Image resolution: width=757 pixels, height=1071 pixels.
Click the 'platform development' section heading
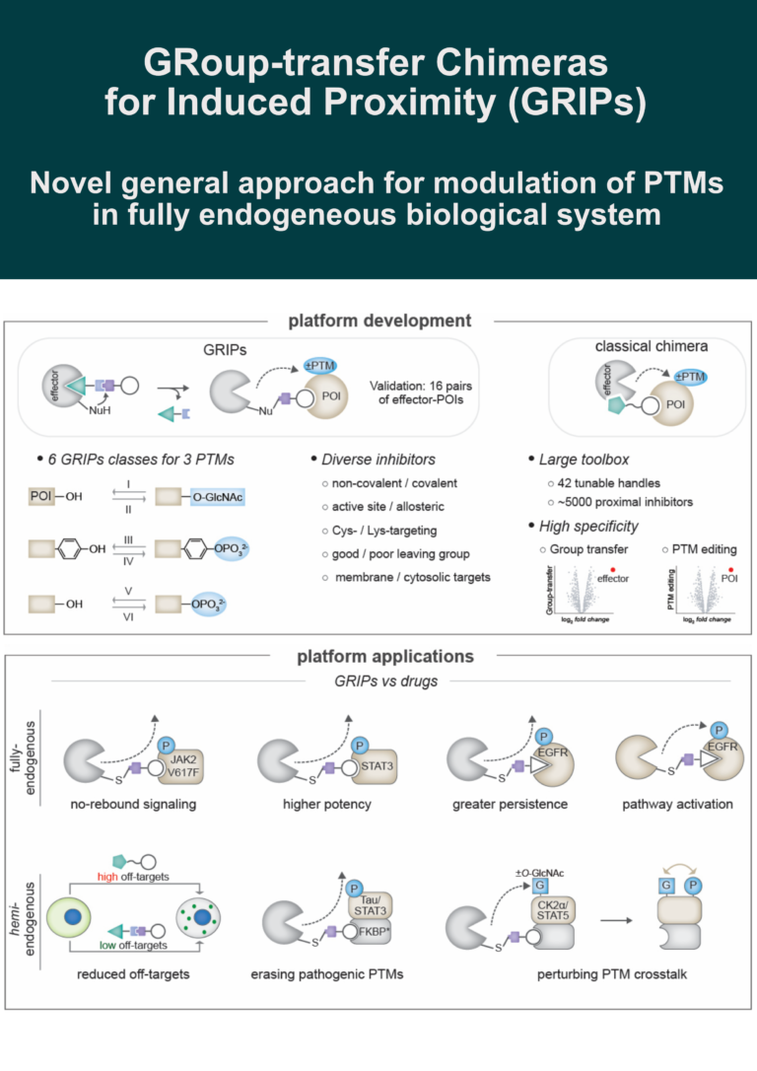(x=378, y=321)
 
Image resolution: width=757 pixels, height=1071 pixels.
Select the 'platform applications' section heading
(x=378, y=656)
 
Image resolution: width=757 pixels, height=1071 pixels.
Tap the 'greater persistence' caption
(x=509, y=804)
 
